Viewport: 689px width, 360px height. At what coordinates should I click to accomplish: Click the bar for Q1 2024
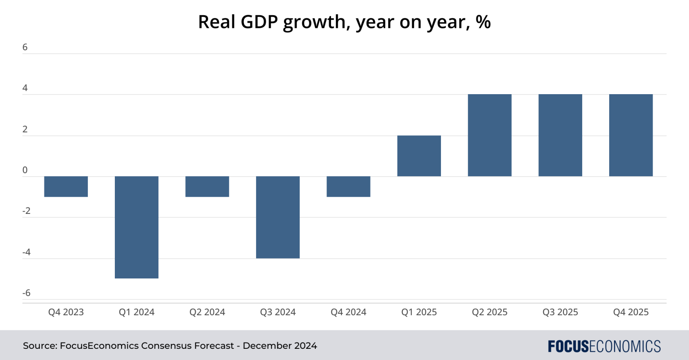(x=136, y=227)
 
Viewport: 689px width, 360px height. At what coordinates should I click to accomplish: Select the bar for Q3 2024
(x=278, y=217)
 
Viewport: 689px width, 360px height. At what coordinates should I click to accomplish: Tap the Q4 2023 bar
(x=66, y=187)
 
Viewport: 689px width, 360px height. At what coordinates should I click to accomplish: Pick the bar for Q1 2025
(x=419, y=156)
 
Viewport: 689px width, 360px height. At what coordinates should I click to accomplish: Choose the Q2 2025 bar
(x=489, y=135)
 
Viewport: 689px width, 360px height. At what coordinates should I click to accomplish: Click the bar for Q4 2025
(x=631, y=135)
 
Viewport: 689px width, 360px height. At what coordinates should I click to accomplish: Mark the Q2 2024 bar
(x=207, y=187)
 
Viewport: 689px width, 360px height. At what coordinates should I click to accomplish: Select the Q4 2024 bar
(x=349, y=187)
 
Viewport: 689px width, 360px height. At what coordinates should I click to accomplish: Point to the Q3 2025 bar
(x=560, y=135)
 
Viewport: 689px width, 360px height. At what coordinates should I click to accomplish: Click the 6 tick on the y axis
(x=25, y=47)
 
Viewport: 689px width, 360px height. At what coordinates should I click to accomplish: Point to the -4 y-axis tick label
(x=26, y=252)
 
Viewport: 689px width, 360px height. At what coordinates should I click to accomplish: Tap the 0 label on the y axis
(x=25, y=170)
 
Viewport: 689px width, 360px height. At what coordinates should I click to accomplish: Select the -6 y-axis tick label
(x=26, y=293)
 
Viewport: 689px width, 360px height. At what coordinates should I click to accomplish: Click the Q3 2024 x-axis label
(x=278, y=312)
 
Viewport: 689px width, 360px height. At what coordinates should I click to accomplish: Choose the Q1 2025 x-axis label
(x=419, y=312)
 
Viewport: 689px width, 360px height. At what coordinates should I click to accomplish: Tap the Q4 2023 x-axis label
(x=66, y=312)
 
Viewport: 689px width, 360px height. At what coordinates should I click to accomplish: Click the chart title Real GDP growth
(x=344, y=22)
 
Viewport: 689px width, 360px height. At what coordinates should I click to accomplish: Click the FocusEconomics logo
(x=604, y=346)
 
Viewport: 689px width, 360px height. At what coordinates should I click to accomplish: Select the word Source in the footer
(x=39, y=346)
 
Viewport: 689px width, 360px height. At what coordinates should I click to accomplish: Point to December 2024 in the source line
(x=280, y=346)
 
